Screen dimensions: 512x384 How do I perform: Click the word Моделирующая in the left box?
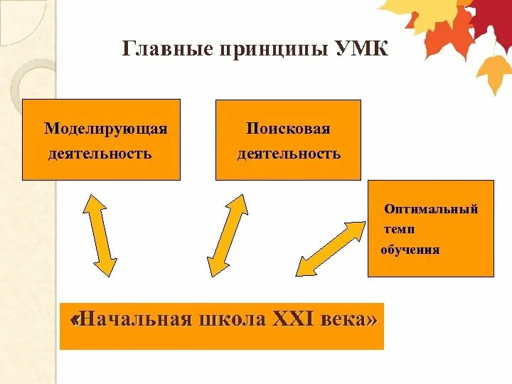tap(106, 129)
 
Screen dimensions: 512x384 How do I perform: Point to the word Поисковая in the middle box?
tap(289, 129)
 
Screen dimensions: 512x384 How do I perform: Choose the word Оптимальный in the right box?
tap(431, 209)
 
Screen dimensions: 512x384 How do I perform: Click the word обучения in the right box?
tap(410, 250)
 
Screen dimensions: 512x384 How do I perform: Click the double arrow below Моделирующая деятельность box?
tap(100, 235)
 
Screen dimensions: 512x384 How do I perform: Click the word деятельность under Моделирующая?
tap(100, 154)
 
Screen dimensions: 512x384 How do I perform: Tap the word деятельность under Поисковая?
tap(289, 154)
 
